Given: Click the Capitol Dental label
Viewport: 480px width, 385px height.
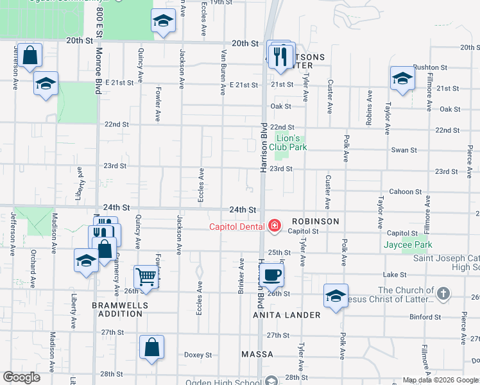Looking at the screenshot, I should pyautogui.click(x=237, y=226).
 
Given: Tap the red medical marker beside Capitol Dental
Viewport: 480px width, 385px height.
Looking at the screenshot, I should pyautogui.click(x=275, y=225).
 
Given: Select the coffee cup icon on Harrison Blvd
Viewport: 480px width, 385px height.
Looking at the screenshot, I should pyautogui.click(x=272, y=274).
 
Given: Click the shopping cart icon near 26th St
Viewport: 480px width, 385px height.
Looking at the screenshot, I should pyautogui.click(x=146, y=277).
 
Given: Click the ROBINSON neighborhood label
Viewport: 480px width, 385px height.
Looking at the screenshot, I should pyautogui.click(x=313, y=221).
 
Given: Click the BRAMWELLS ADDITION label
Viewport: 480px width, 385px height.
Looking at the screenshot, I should pyautogui.click(x=117, y=309).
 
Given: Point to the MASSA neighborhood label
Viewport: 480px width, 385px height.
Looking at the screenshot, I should pyautogui.click(x=257, y=354).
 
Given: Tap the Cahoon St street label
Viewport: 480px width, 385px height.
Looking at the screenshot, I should pyautogui.click(x=405, y=191).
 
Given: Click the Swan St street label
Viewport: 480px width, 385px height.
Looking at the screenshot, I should pyautogui.click(x=404, y=150).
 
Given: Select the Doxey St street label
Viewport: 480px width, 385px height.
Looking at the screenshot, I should pyautogui.click(x=198, y=355).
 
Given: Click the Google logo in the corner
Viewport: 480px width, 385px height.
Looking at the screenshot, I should pyautogui.click(x=21, y=377).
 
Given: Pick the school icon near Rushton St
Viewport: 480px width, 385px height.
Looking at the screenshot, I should pyautogui.click(x=402, y=79).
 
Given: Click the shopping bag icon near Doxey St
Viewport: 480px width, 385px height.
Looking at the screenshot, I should pyautogui.click(x=151, y=348).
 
